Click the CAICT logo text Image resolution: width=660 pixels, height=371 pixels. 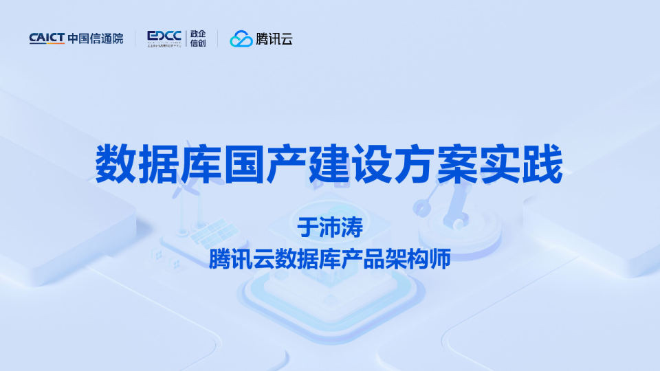(47, 39)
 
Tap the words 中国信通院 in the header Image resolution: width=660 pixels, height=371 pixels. (96, 39)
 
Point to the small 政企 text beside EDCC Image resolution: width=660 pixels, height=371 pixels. (198, 33)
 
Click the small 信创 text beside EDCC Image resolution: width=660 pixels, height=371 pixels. (198, 44)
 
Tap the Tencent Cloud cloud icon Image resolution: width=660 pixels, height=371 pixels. (241, 39)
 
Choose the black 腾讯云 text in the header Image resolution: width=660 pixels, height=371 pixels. (274, 39)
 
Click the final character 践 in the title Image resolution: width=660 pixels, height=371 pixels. (544, 164)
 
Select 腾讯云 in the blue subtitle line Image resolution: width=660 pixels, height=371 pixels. (241, 259)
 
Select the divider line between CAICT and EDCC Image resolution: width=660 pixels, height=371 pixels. (135, 39)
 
